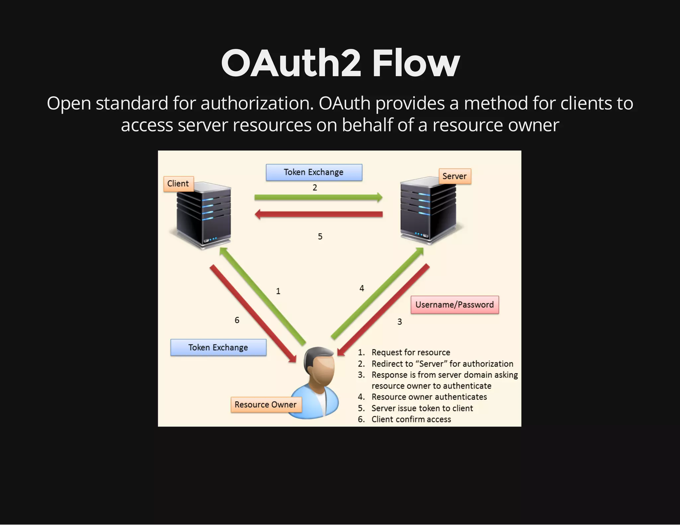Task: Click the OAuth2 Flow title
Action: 340,63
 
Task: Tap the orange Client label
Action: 178,184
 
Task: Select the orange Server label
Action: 455,176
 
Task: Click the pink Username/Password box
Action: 455,305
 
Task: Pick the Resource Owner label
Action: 266,405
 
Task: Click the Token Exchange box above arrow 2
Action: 314,172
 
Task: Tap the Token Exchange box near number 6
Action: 218,347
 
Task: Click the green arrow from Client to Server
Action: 318,197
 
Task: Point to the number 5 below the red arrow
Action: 320,237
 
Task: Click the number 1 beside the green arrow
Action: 278,291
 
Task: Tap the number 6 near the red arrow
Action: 237,320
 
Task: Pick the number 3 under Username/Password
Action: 400,322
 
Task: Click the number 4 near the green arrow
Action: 362,288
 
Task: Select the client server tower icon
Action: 203,216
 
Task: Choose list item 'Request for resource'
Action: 411,352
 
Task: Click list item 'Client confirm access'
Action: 411,419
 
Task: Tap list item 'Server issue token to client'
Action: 422,408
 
